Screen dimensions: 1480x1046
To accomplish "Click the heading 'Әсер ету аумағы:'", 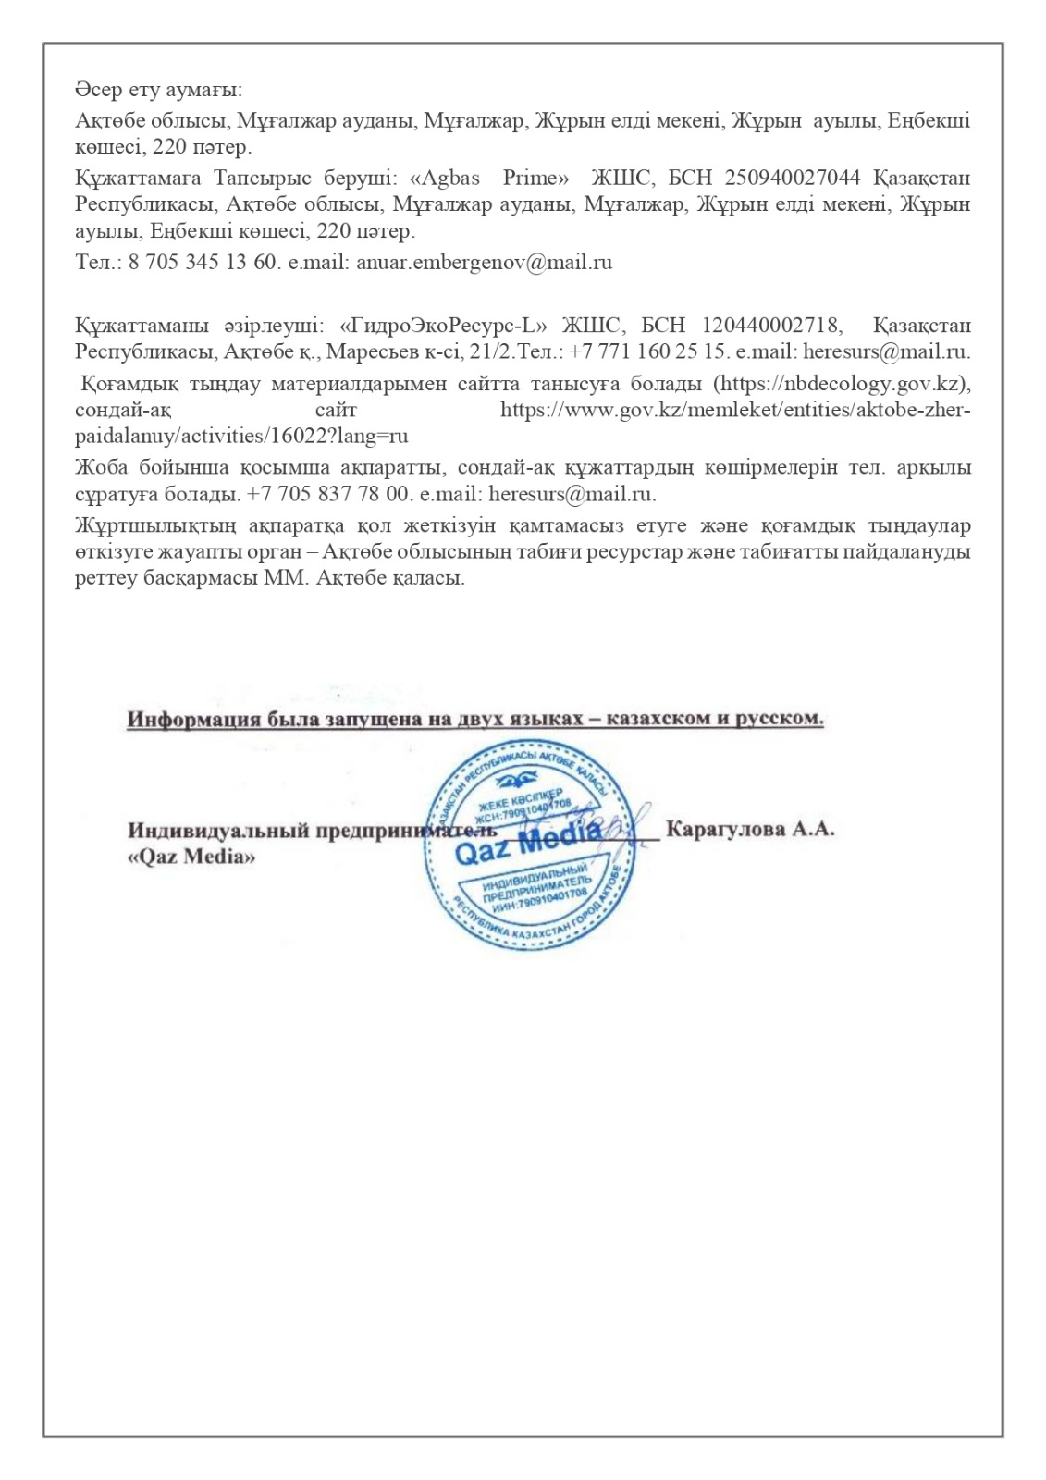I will click(x=158, y=91).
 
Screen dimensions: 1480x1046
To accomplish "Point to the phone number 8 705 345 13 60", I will click(x=202, y=262).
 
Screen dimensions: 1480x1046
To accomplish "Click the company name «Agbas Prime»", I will click(x=488, y=177).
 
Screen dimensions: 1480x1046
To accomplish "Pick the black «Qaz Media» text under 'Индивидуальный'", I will click(x=191, y=857).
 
